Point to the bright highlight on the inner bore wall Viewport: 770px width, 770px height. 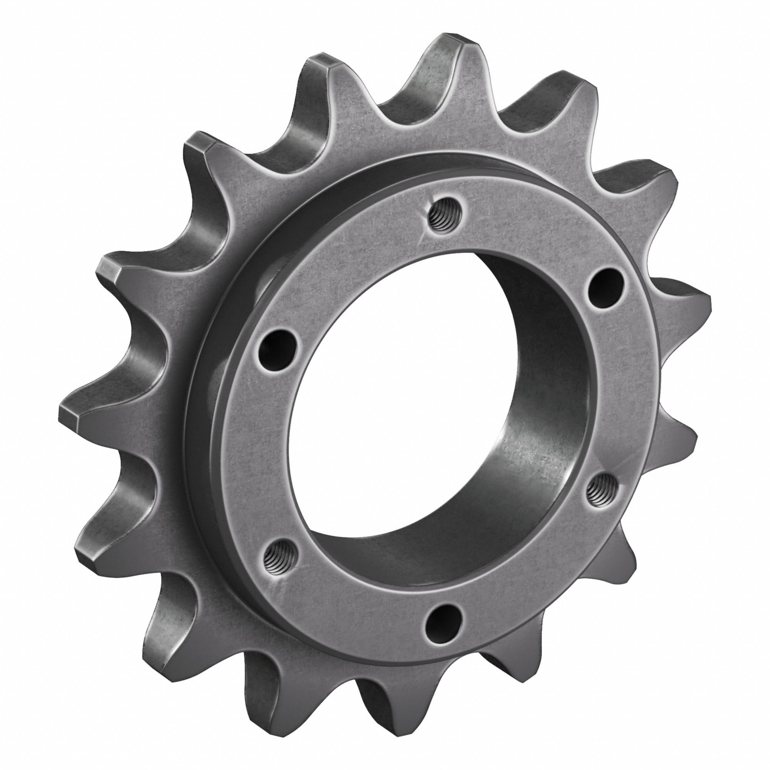tap(530, 458)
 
